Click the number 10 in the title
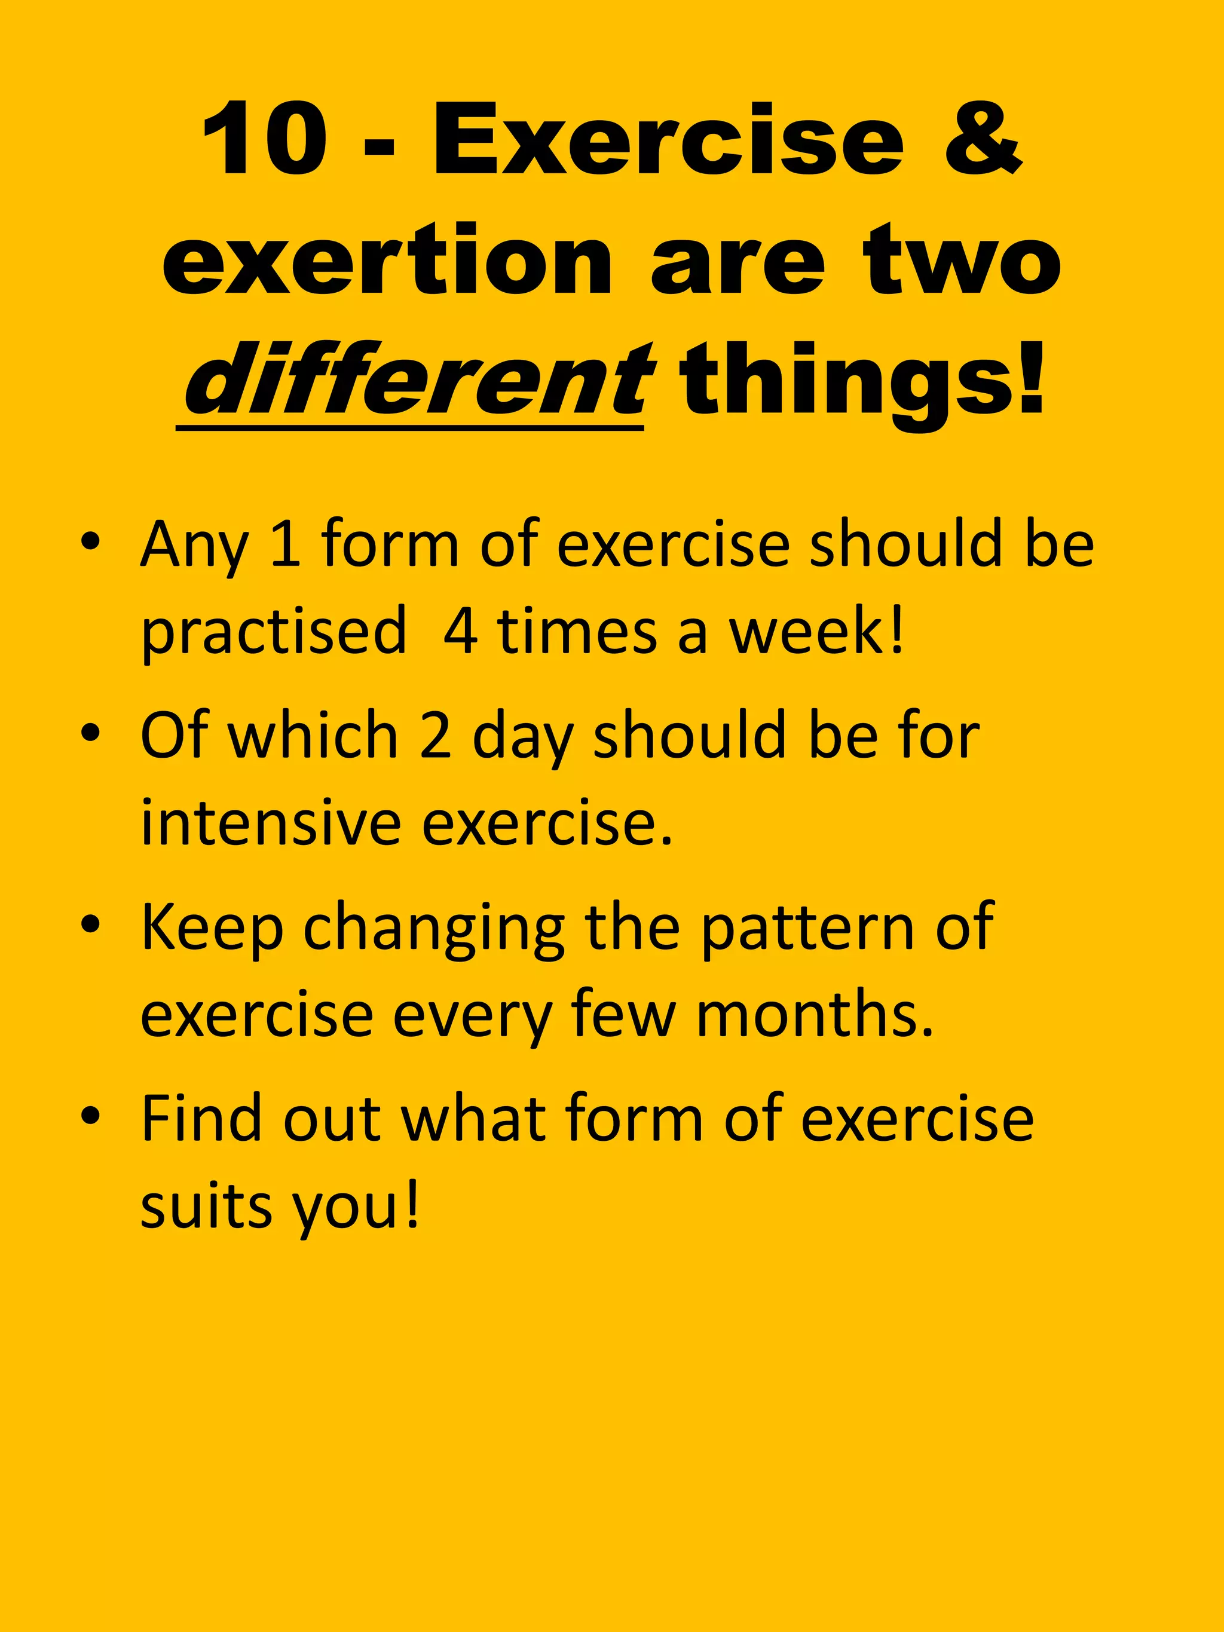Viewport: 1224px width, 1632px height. [265, 140]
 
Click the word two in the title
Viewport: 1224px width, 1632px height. [963, 261]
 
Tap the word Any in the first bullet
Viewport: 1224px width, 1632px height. [193, 547]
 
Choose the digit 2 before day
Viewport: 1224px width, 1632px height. [435, 736]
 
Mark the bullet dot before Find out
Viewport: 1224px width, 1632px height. [90, 1117]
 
